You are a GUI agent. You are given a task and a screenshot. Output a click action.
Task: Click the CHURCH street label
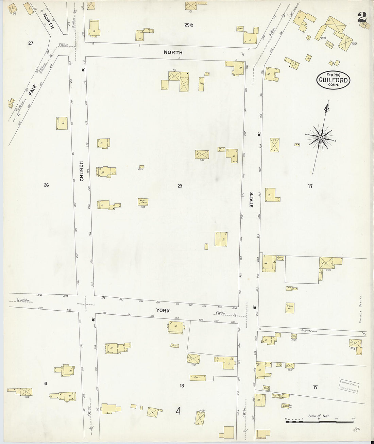[82, 171]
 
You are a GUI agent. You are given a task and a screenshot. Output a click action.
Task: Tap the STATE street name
[252, 200]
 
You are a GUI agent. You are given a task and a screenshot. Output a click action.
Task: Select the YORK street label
[163, 311]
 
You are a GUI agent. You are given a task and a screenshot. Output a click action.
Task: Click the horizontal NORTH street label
[173, 52]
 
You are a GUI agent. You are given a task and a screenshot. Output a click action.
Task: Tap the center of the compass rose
[320, 137]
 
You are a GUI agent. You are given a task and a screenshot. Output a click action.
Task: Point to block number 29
[180, 186]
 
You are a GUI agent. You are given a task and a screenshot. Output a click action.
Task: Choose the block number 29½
[189, 25]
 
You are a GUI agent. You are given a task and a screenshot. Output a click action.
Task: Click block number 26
[46, 185]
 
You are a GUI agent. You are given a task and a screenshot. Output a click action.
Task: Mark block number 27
[31, 43]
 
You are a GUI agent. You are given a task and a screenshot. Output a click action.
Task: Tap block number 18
[182, 385]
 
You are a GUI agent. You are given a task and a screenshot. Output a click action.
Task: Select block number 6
[46, 384]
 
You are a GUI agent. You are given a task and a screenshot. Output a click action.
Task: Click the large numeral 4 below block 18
[178, 411]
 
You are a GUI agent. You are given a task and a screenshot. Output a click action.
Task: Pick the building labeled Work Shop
[143, 202]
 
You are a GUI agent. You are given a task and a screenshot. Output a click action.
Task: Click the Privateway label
[309, 330]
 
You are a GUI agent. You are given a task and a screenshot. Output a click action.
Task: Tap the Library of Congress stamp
[348, 386]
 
